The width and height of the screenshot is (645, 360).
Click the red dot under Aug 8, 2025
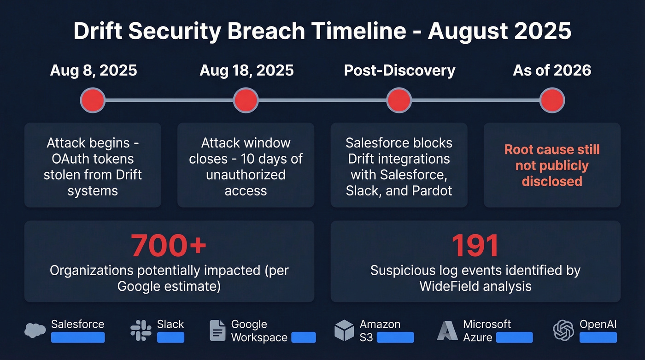pos(93,100)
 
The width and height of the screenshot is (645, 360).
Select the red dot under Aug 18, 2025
pos(246,100)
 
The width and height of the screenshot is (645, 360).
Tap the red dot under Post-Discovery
pos(399,100)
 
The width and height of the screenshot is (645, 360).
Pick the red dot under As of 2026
pos(552,100)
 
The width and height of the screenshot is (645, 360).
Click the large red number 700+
pos(169,246)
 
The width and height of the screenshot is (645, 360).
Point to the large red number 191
pos(475,246)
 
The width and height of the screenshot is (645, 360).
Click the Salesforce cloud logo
pos(35,330)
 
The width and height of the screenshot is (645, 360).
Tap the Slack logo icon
pos(141,330)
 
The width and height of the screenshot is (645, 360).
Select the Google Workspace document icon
pos(217,330)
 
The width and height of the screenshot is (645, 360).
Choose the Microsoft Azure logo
pos(447,330)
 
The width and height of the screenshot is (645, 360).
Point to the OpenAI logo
pos(564,330)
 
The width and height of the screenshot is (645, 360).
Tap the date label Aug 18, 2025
pos(246,71)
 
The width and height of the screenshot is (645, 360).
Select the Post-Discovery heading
pos(399,71)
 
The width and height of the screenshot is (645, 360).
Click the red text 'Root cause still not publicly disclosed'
pos(552,165)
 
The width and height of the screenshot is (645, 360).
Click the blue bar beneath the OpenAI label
pos(598,337)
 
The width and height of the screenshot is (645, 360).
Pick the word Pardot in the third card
pos(433,190)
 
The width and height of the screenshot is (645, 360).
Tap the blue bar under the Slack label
pos(170,337)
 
